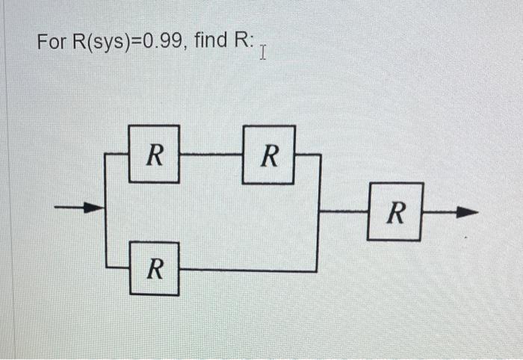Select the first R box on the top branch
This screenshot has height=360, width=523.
154,154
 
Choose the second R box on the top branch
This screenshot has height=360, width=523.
269,155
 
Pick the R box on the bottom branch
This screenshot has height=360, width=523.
153,268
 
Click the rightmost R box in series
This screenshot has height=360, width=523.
395,211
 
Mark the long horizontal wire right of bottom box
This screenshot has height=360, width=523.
247,270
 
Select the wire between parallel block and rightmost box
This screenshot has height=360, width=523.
344,211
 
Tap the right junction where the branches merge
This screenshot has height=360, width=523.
320,211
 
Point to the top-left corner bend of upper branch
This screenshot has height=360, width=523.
107,155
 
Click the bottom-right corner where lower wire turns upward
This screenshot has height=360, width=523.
318,270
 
